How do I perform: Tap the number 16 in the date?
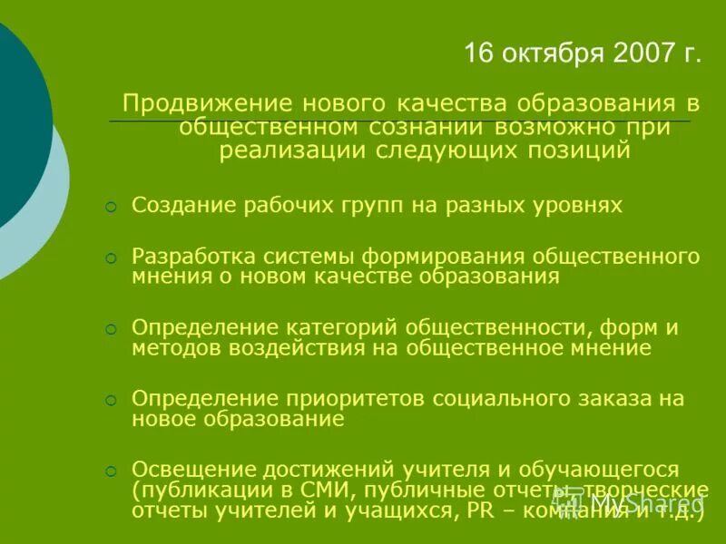pyautogui.click(x=478, y=53)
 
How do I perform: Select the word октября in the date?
pyautogui.click(x=549, y=53)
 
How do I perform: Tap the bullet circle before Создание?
pyautogui.click(x=110, y=208)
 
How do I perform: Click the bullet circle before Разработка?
pyautogui.click(x=110, y=258)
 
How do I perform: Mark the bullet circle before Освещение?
pyautogui.click(x=110, y=471)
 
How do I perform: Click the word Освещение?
pyautogui.click(x=192, y=469)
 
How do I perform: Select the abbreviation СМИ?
pyautogui.click(x=316, y=491)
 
